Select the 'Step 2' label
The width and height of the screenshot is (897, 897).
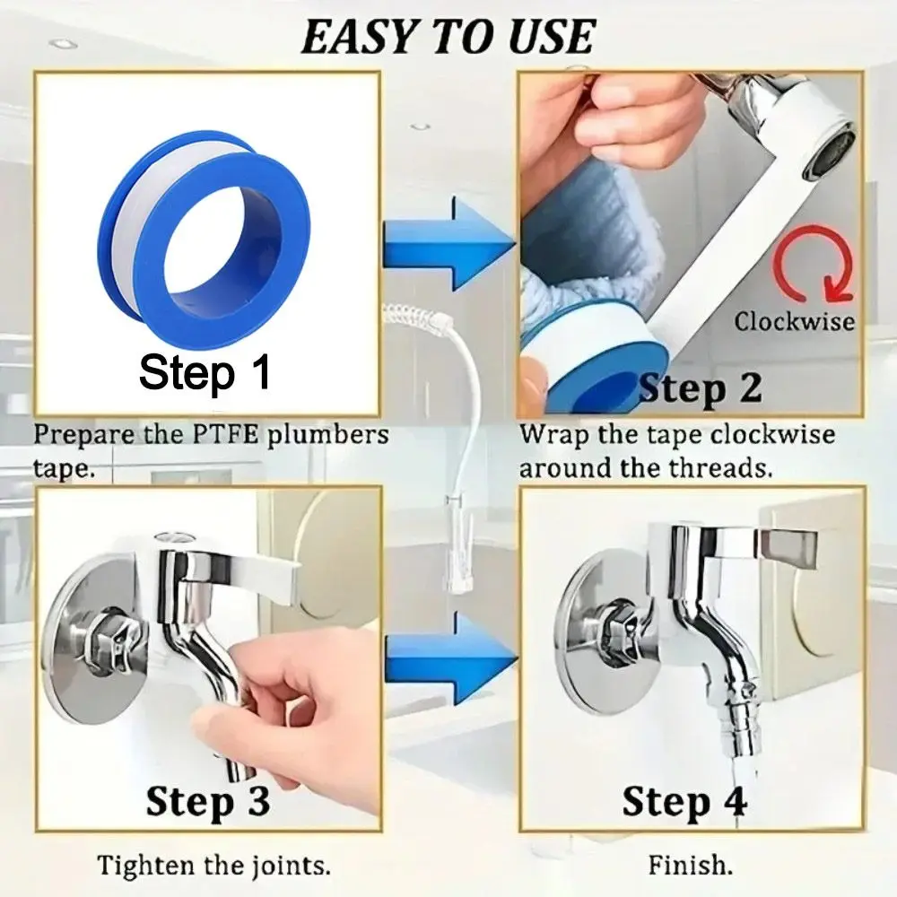700,388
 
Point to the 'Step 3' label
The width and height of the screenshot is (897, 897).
207,800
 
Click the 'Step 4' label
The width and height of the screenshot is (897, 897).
684,800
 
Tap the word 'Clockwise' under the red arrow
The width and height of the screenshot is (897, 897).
795,320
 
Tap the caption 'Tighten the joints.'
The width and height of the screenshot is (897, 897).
213,867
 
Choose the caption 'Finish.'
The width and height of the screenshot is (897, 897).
690,867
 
